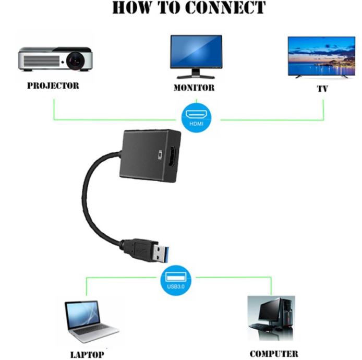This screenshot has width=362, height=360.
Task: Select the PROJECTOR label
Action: pyautogui.click(x=53, y=86)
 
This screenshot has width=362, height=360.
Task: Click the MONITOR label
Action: pyautogui.click(x=194, y=88)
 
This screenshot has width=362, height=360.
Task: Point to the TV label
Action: pyautogui.click(x=322, y=88)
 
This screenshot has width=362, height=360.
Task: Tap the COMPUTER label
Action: pyautogui.click(x=274, y=354)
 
